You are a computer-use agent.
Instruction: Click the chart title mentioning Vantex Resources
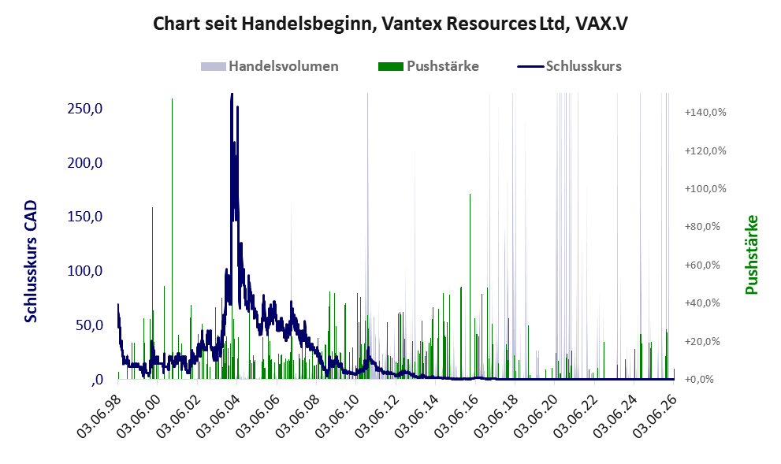click(390, 24)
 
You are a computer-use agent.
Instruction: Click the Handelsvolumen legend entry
click(270, 66)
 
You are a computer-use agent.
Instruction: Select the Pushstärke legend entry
click(429, 66)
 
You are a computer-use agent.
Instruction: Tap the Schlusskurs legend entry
click(569, 66)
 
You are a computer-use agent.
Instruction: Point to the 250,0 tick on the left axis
click(84, 108)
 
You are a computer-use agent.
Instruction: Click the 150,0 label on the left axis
click(84, 217)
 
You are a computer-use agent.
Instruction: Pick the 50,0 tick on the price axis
click(88, 325)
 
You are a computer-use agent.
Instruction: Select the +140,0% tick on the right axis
click(705, 112)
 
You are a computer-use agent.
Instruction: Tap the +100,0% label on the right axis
click(705, 189)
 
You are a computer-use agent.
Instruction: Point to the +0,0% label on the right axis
click(699, 380)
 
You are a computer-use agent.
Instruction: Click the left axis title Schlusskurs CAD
click(31, 262)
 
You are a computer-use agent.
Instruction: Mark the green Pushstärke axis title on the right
click(752, 254)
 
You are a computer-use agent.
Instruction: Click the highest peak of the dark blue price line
click(232, 94)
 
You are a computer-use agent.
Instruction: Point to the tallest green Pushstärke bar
click(173, 239)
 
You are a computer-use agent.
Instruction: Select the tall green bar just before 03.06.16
click(470, 286)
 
